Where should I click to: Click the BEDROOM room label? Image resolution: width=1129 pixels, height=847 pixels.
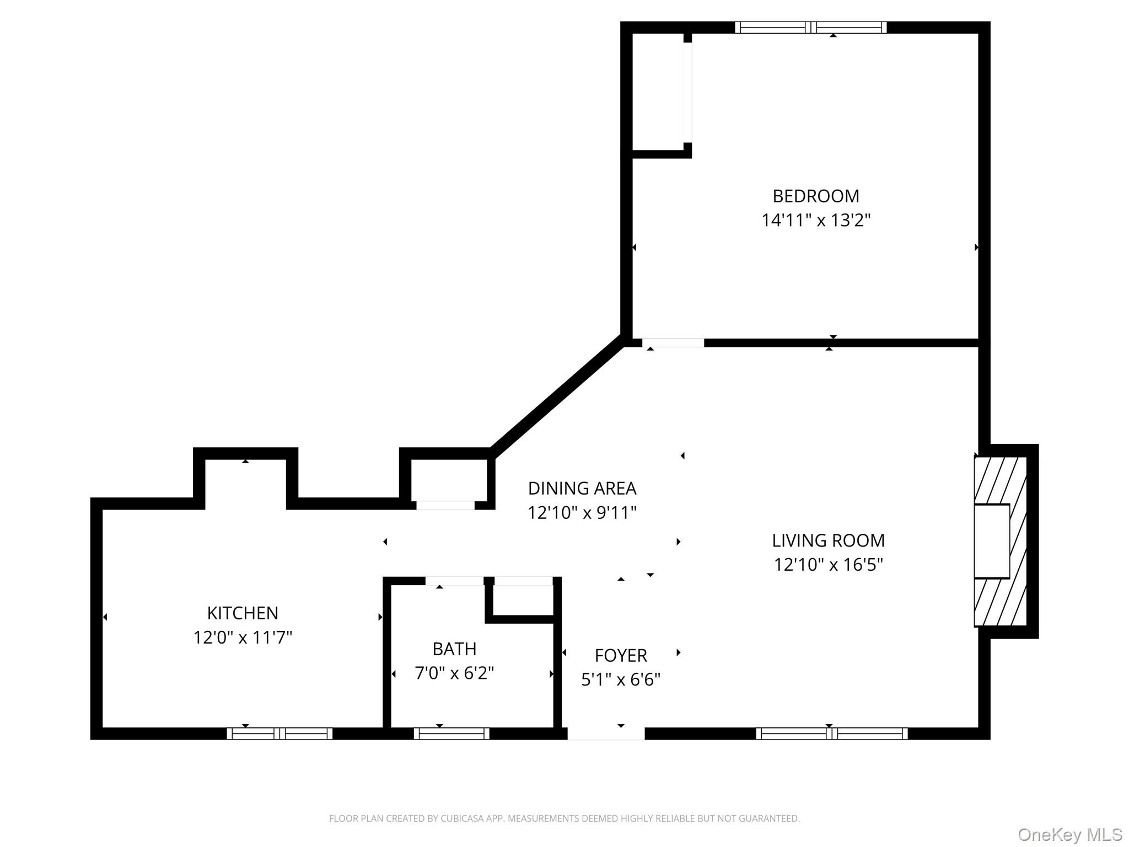click(815, 196)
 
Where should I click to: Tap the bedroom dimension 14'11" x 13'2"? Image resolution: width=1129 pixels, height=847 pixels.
click(815, 221)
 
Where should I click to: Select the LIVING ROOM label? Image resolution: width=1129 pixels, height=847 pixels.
click(828, 540)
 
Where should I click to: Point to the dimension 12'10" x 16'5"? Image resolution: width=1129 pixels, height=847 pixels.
click(828, 565)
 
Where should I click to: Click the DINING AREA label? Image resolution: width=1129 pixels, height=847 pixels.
click(582, 489)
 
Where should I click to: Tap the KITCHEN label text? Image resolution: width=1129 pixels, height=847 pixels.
click(243, 613)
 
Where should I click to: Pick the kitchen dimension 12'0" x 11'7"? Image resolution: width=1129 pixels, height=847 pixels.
click(243, 637)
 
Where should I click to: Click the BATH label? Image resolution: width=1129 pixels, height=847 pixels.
click(454, 649)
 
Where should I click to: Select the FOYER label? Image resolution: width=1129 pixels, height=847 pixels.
click(621, 656)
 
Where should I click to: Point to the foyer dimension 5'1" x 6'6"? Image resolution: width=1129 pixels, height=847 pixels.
click(621, 680)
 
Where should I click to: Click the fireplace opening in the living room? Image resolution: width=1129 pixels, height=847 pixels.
click(992, 541)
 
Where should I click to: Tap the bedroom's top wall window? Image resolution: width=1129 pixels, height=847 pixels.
click(810, 28)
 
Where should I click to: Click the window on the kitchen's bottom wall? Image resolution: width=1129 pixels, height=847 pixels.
click(279, 733)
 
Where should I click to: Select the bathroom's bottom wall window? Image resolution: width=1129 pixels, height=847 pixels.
click(451, 733)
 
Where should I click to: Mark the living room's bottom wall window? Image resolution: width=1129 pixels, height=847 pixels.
click(831, 733)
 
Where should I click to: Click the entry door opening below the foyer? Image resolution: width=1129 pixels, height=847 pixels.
click(606, 733)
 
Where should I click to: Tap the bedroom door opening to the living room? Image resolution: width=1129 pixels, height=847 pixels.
click(673, 343)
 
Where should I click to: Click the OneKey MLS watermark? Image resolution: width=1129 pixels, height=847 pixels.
click(1070, 834)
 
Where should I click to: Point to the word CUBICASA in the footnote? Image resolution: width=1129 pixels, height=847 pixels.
click(461, 818)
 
